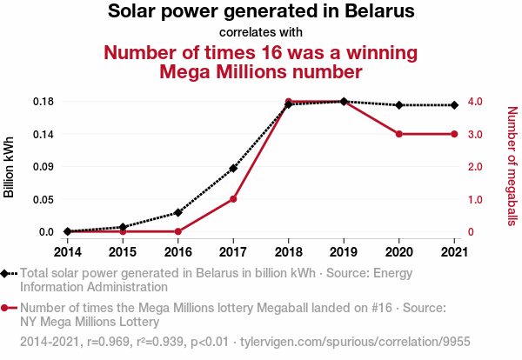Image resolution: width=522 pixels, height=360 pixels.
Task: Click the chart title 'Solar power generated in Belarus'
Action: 261,11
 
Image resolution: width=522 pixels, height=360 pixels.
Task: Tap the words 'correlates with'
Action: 261,32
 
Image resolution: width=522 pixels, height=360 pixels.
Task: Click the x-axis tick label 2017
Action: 233,252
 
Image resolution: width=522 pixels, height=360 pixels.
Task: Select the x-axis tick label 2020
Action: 398,252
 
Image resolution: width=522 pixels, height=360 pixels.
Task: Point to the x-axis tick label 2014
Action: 68,252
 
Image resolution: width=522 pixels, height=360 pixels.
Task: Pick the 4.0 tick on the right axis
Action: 478,102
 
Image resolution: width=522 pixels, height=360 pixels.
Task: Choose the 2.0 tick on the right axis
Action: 478,166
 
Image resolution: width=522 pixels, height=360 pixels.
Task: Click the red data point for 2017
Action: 233,199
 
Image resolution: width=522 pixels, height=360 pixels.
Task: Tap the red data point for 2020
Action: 398,134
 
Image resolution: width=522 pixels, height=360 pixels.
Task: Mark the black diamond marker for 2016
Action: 178,212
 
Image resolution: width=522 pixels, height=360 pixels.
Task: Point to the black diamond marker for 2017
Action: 233,168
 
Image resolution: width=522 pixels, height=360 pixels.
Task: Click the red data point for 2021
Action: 454,134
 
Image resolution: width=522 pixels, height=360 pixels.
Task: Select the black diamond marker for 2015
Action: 123,227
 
